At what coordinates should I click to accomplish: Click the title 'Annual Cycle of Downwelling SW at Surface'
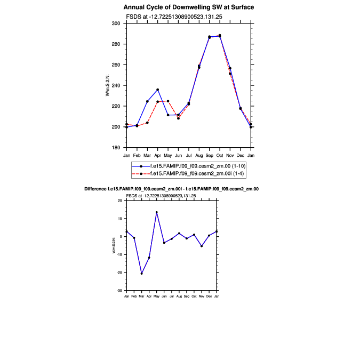click(x=188, y=7)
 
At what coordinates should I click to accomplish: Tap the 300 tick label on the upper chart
click(x=116, y=23)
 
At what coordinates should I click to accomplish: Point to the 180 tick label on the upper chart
click(x=116, y=148)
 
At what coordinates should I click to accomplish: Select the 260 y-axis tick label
click(x=116, y=65)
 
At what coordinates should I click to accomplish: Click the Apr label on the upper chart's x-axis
click(x=157, y=155)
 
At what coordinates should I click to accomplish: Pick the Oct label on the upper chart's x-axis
click(x=220, y=155)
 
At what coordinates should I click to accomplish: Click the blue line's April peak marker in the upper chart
click(x=158, y=90)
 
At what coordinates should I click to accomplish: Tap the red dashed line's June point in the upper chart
click(x=178, y=118)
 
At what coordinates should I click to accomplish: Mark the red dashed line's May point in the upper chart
click(x=168, y=101)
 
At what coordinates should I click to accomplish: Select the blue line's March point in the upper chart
click(x=147, y=101)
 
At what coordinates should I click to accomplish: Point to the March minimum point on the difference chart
click(x=141, y=274)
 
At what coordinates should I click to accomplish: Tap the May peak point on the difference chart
click(x=156, y=212)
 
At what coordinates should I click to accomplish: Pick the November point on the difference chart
click(x=202, y=246)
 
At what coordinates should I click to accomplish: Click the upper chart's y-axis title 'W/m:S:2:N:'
click(x=108, y=85)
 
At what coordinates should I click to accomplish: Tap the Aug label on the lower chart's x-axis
click(x=179, y=295)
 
